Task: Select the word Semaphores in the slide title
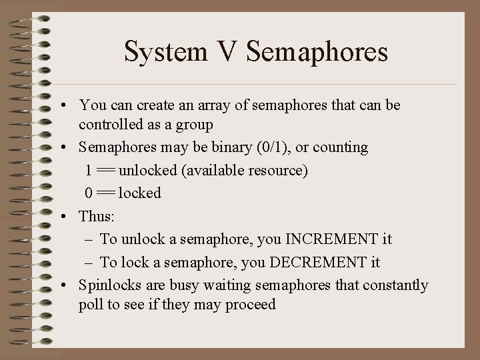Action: point(317,52)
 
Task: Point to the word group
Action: point(194,124)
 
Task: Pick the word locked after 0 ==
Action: point(139,193)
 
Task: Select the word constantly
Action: point(394,285)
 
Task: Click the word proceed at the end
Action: point(251,305)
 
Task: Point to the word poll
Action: point(89,305)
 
